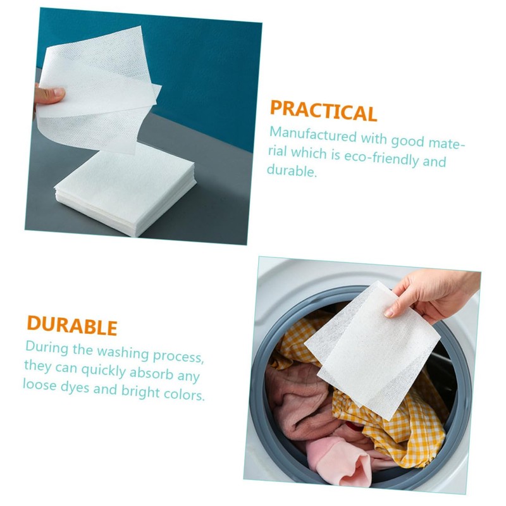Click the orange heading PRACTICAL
(323, 110)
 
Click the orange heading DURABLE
(71, 325)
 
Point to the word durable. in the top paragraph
(292, 171)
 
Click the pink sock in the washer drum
(342, 455)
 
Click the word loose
(41, 384)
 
